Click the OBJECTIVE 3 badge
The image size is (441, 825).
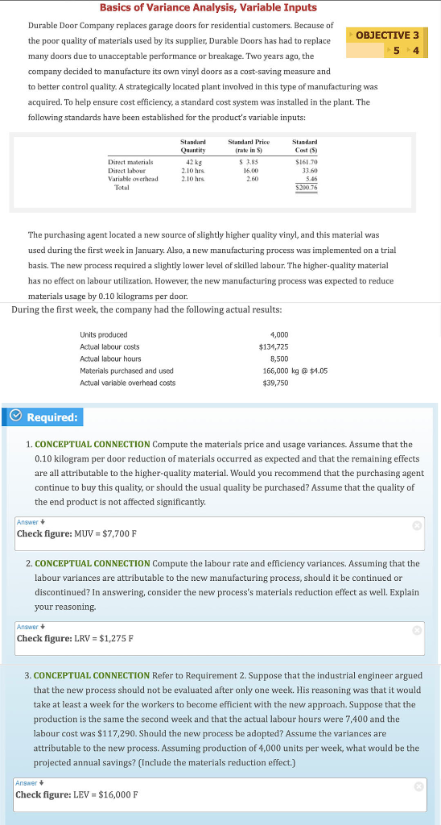tap(387, 35)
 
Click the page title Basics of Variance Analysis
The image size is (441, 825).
tap(208, 7)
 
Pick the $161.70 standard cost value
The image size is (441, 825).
tap(307, 162)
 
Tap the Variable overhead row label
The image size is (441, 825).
tap(133, 179)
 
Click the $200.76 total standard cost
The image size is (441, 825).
tap(306, 188)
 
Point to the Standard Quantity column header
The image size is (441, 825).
tap(193, 145)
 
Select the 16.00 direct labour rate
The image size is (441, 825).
tap(250, 171)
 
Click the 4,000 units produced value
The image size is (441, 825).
tap(278, 334)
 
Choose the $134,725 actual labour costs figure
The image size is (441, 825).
tap(274, 346)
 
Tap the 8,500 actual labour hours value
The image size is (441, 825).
tap(278, 359)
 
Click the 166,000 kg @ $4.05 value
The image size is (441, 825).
tap(295, 371)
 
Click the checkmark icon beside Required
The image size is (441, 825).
tap(16, 417)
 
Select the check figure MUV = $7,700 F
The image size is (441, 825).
tap(77, 533)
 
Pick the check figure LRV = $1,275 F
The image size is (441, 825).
tap(76, 639)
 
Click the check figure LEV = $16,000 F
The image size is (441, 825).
tap(76, 794)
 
